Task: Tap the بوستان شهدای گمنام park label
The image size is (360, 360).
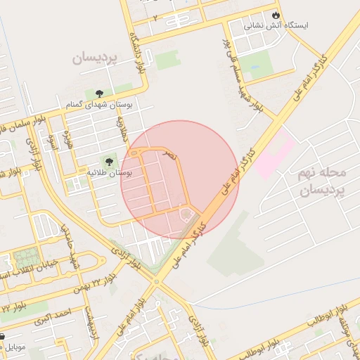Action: (109, 105)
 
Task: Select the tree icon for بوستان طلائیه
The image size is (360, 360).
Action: (108, 161)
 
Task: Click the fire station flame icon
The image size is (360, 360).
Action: (275, 15)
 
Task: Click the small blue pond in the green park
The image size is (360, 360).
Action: (252, 71)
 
